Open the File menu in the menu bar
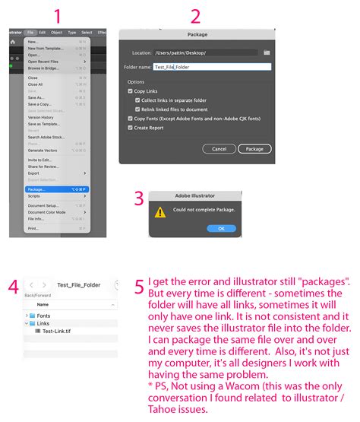30,33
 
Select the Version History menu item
41,117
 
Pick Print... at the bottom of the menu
33,227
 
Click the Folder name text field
211,67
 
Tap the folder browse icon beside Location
267,52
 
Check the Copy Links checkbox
131,91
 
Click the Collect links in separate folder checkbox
137,100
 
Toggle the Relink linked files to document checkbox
137,109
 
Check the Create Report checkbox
131,128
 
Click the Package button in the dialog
254,149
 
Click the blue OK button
221,228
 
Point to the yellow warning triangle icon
160,212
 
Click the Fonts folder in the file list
43,316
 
